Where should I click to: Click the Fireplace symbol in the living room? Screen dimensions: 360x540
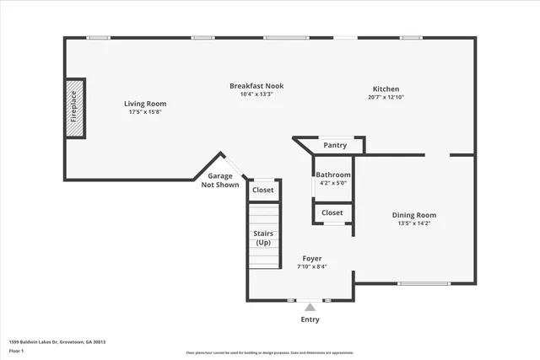[x=74, y=107]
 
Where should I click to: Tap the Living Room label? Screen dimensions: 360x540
[x=144, y=104]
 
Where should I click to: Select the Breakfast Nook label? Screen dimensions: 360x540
[x=256, y=85]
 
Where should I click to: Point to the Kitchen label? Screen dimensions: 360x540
[x=386, y=89]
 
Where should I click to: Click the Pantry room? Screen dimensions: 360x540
[x=335, y=145]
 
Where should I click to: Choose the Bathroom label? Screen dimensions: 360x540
[x=332, y=175]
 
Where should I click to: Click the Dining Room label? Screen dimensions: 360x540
[x=414, y=215]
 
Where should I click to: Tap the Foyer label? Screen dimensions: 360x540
[x=311, y=258]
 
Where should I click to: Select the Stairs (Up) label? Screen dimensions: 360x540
[x=263, y=238]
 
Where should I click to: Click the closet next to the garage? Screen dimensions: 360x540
[x=263, y=191]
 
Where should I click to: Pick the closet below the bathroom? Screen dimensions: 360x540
[x=332, y=212]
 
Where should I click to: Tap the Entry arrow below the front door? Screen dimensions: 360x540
[x=310, y=308]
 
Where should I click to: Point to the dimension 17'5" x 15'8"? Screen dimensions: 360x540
[x=144, y=112]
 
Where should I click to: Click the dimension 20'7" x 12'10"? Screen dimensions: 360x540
[x=386, y=97]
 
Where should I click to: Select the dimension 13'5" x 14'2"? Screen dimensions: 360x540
[x=414, y=223]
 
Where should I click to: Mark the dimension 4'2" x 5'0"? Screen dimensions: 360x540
[x=332, y=182]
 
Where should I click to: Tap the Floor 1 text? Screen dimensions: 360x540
[x=16, y=350]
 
